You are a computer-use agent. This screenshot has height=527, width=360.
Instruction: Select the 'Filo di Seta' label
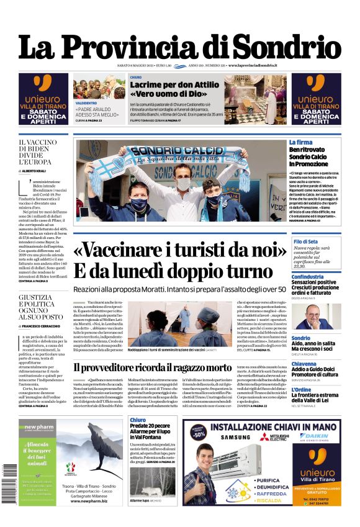click(306, 241)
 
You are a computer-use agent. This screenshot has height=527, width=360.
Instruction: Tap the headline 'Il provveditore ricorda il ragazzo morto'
click(153, 367)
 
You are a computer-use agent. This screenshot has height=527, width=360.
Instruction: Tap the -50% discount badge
click(198, 433)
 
